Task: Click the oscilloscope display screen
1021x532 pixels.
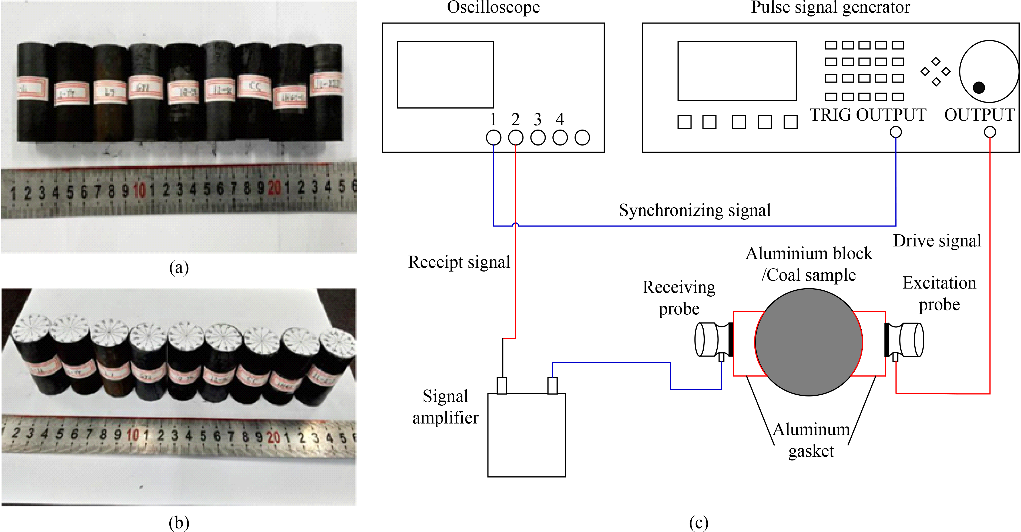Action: [x=445, y=74]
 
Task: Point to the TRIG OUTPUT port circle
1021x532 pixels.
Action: [x=896, y=132]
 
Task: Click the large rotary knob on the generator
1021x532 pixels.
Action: [x=989, y=71]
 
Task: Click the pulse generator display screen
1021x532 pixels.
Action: [x=737, y=71]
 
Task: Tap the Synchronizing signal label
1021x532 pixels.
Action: [x=695, y=210]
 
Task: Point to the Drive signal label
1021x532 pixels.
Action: [x=937, y=240]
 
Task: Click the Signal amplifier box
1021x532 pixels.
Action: [x=526, y=435]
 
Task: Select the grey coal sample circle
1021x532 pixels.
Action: [x=808, y=342]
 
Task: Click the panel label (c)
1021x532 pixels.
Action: [x=698, y=523]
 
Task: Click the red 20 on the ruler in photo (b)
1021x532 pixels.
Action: [x=273, y=437]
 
